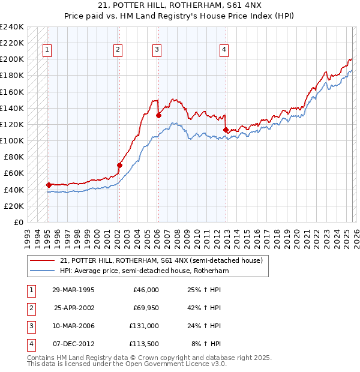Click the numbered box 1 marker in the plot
point(47,50)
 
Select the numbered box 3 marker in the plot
point(157,50)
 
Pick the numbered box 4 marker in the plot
point(224,50)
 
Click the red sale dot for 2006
point(158,115)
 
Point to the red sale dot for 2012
point(226,130)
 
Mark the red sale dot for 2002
point(119,165)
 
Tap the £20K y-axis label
point(14,206)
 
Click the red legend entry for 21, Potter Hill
point(161,260)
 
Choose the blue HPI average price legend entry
point(144,271)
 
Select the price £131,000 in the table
point(144,326)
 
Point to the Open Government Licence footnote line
point(127,364)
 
